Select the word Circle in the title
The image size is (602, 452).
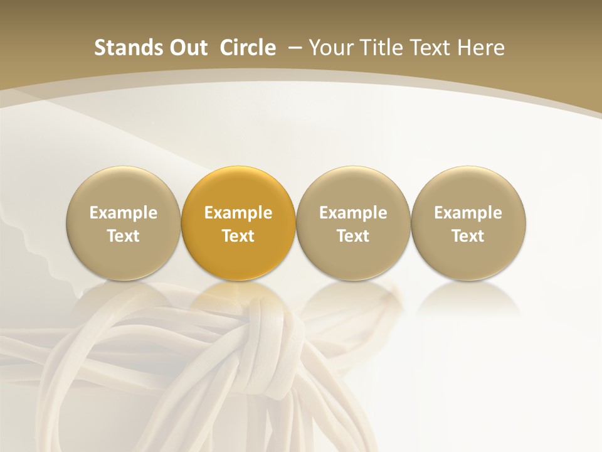pos(248,48)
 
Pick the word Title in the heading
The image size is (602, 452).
pos(383,48)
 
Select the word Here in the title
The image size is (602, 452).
pos(483,48)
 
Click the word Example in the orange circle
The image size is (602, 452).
pos(238,213)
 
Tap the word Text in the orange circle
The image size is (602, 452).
pos(238,236)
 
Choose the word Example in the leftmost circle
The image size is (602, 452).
pos(124,213)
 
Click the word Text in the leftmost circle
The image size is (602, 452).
pos(124,236)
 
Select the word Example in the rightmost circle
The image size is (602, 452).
pos(468,213)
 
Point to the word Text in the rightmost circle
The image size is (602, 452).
pos(468,236)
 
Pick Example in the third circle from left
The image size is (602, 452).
pos(353,213)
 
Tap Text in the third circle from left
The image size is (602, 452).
pos(353,236)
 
